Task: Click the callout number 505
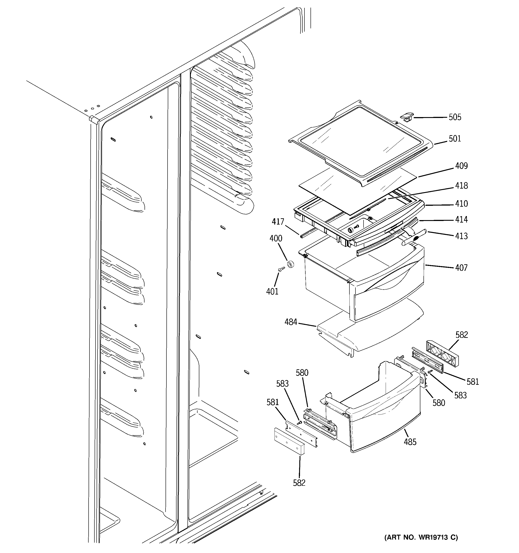pos(455,117)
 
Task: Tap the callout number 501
pos(455,139)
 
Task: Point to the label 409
pos(461,166)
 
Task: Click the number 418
pos(461,185)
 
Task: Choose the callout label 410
pos(461,204)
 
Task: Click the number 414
pos(461,219)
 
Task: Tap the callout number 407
pos(461,268)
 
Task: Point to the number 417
pos(278,222)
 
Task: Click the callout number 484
pos(291,322)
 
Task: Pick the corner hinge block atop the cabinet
pos(94,119)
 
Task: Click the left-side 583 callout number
pos(282,384)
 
